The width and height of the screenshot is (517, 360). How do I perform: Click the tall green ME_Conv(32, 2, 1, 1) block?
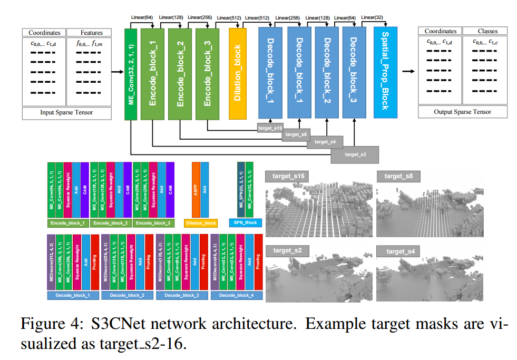tap(131, 74)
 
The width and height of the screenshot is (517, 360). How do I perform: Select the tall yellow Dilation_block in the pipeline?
tap(237, 74)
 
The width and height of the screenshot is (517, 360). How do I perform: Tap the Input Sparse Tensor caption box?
tap(66, 112)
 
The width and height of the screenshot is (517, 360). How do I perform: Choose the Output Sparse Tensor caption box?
tap(462, 112)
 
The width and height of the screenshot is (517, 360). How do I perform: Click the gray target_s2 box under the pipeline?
tap(355, 154)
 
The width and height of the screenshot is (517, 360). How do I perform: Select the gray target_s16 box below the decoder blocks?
tap(270, 128)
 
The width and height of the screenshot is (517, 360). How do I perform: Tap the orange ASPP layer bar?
tap(196, 190)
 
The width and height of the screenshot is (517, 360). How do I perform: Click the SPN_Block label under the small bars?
tap(246, 223)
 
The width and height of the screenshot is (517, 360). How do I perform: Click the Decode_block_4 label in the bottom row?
tap(237, 296)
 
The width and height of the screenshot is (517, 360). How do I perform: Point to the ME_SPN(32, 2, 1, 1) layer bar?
tap(241, 190)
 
